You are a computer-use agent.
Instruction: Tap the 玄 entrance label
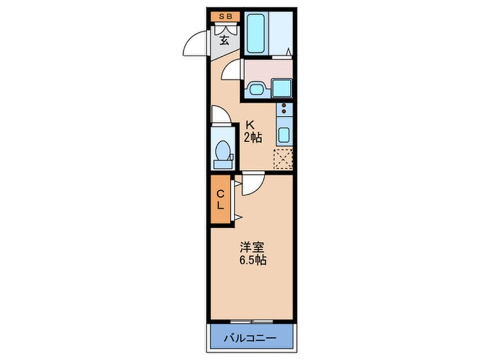(x=224, y=40)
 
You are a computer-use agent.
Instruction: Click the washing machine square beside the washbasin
(x=281, y=88)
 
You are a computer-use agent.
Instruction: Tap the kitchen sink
(x=284, y=135)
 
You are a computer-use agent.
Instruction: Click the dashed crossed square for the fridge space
(x=283, y=158)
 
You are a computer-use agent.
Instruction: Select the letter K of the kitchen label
(x=249, y=125)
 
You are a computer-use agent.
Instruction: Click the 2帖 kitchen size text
(x=253, y=138)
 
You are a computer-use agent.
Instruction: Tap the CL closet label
(x=220, y=199)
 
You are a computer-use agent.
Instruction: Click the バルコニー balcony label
(x=253, y=337)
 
